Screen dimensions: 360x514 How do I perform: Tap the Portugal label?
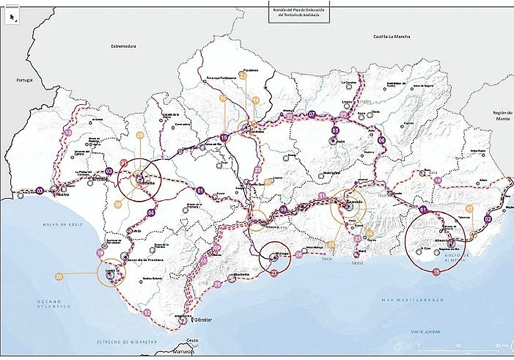click(x=25, y=80)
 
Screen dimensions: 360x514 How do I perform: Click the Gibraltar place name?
click(x=201, y=320)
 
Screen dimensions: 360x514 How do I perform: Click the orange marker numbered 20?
click(x=59, y=277)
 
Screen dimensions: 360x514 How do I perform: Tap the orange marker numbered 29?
click(x=140, y=135)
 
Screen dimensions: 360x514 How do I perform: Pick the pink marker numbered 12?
click(x=148, y=312)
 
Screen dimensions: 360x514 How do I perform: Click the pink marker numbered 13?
click(x=67, y=134)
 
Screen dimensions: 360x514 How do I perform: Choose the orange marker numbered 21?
click(x=243, y=75)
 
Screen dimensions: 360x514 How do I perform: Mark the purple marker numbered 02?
click(x=488, y=219)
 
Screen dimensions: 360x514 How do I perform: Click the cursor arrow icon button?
click(x=12, y=17)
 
